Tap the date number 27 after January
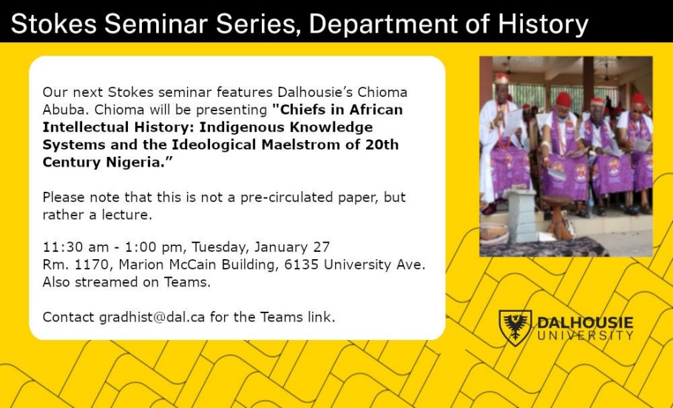(x=321, y=247)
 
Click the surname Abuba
(x=63, y=110)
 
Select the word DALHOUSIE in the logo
(x=585, y=323)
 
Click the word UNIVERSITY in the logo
(x=585, y=335)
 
